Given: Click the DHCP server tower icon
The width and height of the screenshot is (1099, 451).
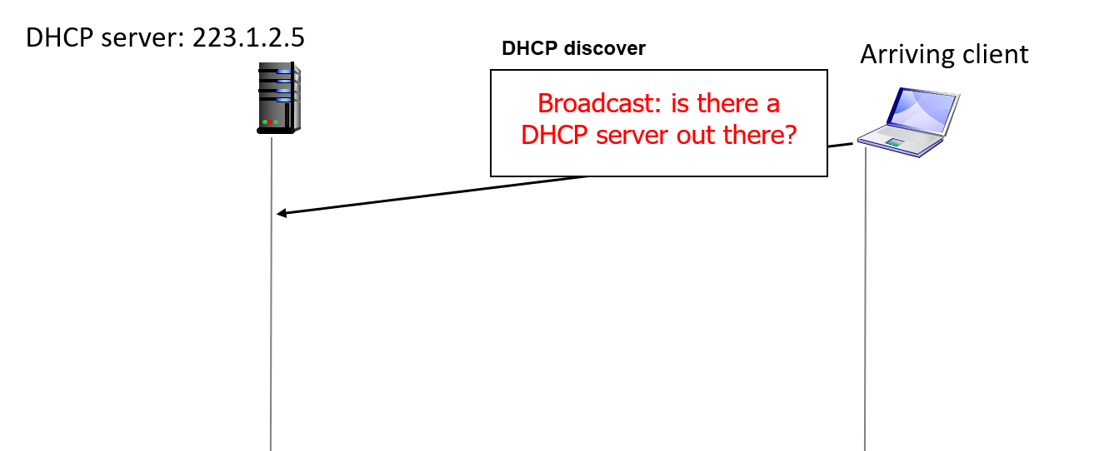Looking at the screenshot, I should coord(278,97).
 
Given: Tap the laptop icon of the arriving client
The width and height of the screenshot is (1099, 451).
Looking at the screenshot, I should coord(908,120).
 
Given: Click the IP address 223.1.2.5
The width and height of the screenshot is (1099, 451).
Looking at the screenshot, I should coord(255,37).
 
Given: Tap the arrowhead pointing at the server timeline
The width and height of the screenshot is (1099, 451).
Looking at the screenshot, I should coord(282,214).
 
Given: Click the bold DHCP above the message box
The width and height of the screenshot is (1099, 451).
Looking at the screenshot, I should coord(529,48).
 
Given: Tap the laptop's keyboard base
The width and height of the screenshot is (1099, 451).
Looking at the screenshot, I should coord(900,143).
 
